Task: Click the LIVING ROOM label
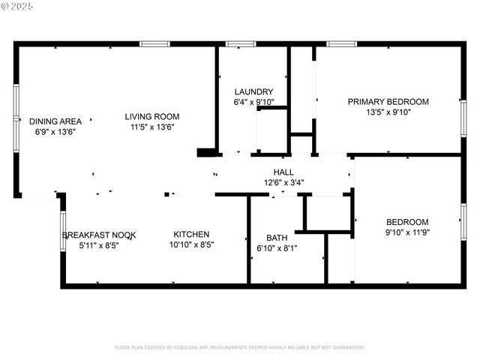[x=151, y=116]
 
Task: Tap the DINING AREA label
[x=55, y=121]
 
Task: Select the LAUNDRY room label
[x=247, y=91]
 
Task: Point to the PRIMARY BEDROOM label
[x=388, y=101]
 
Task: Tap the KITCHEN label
[x=191, y=234]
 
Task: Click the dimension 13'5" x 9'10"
[x=388, y=112]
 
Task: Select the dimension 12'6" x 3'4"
[x=283, y=182]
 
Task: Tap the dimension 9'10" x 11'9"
[x=407, y=232]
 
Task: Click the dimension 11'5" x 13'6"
[x=151, y=127]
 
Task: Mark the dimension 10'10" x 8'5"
[x=191, y=244]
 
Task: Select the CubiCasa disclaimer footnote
[x=239, y=347]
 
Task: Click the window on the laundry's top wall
[x=241, y=44]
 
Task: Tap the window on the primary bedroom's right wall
[x=463, y=118]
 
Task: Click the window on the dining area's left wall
[x=16, y=118]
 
